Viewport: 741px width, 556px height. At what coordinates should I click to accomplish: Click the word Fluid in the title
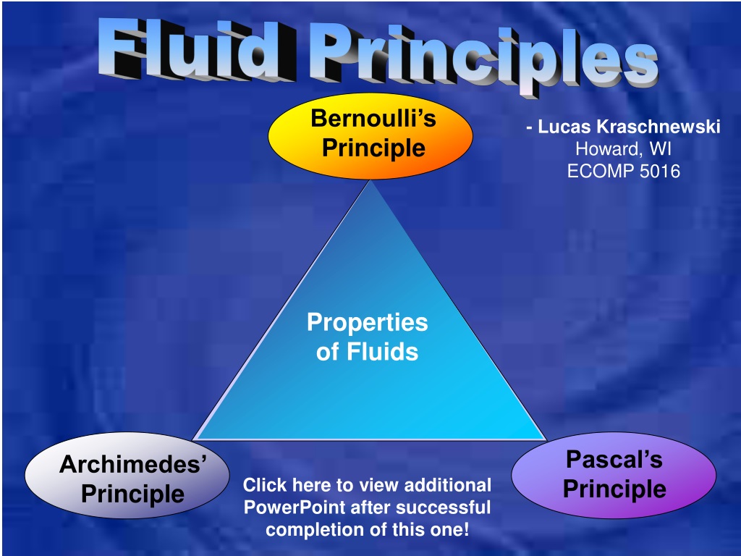click(196, 50)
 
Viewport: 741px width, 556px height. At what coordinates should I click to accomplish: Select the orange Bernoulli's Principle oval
click(370, 136)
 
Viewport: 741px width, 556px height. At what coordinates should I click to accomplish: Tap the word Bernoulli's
click(373, 118)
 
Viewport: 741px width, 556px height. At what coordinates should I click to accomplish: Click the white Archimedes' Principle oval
click(127, 475)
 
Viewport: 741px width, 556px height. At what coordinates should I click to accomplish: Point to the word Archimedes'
click(133, 464)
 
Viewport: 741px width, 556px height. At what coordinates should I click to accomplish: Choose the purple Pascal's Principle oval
click(614, 475)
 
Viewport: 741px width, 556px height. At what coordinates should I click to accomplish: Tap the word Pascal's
click(614, 460)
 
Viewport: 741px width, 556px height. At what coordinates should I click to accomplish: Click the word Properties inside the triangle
click(367, 322)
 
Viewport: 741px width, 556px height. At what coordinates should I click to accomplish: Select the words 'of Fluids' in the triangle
click(367, 353)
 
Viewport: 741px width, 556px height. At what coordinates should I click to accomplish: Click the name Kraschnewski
click(659, 127)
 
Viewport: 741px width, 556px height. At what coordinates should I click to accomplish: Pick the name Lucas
click(564, 127)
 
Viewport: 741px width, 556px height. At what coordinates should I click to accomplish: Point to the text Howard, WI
click(623, 149)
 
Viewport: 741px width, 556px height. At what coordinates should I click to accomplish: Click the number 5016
click(660, 171)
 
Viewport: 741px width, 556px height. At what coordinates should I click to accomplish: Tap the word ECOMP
click(601, 171)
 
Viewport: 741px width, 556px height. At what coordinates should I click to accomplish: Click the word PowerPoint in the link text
click(295, 507)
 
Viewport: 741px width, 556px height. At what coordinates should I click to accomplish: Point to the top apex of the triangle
click(371, 180)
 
